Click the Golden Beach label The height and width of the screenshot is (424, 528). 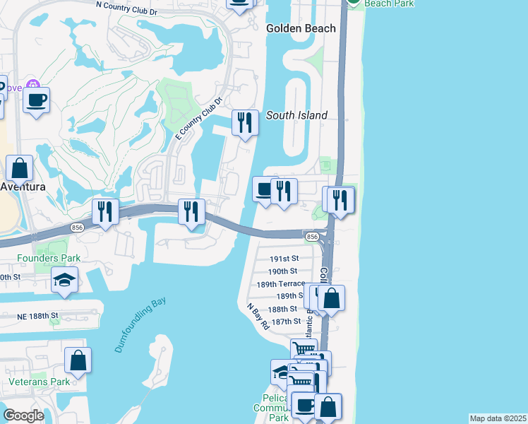coord(301,28)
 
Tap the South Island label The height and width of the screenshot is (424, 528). coord(296,115)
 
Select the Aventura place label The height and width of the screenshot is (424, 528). coord(23,187)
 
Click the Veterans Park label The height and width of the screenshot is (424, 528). coord(40,382)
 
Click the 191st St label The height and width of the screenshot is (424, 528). coord(284,259)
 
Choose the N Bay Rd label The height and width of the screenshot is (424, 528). coord(258,317)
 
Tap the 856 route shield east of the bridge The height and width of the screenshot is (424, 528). coord(311,235)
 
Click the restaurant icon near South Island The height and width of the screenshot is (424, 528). coord(245,123)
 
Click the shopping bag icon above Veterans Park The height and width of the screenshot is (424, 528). coord(78,360)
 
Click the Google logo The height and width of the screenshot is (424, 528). coord(24,416)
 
